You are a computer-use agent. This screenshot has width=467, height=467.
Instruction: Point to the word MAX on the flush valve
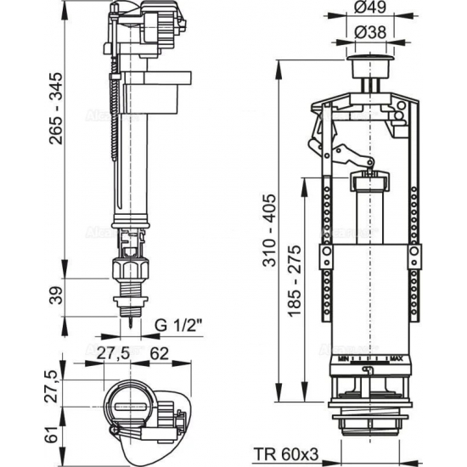pyautogui.click(x=395, y=359)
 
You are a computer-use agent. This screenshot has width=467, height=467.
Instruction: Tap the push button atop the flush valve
pyautogui.click(x=367, y=65)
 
